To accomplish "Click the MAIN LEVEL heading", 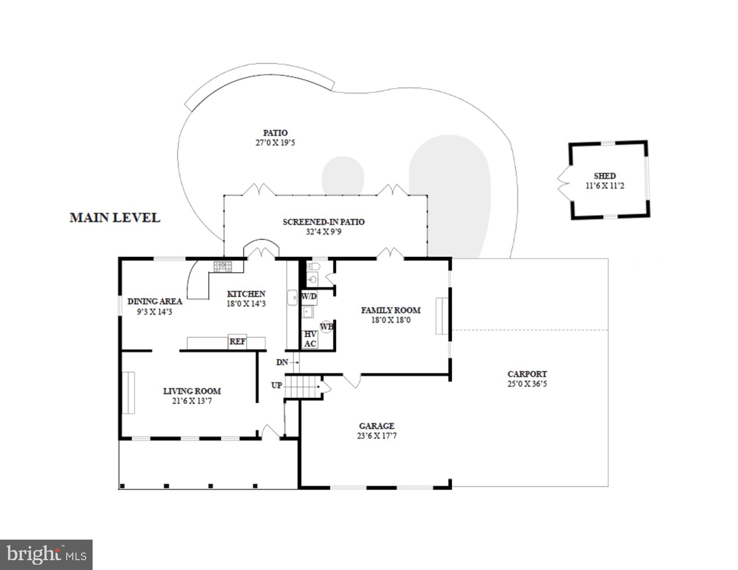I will pos(115,218).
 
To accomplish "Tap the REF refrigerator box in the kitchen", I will pos(238,342).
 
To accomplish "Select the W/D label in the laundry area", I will pos(309,296).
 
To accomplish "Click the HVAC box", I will pos(310,339).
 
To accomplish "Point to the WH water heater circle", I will pos(326,326).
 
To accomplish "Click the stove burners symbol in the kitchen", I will pos(223,266).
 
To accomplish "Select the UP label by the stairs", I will pos(276,385).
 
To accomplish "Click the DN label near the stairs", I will pos(282,362).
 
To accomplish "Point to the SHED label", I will pos(605,176).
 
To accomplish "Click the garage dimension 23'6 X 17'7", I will pos(376,436).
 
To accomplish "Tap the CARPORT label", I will pos(527,374).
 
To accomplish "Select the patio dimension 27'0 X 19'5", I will pos(275,143).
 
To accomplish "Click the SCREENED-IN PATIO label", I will pos(323,222).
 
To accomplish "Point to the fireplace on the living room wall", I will pos(129,393).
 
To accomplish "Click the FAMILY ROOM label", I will pos(390,310).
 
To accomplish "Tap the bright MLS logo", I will pos(47,555).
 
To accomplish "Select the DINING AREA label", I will pos(155,301).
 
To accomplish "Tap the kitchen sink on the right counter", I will pos(292,297).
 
